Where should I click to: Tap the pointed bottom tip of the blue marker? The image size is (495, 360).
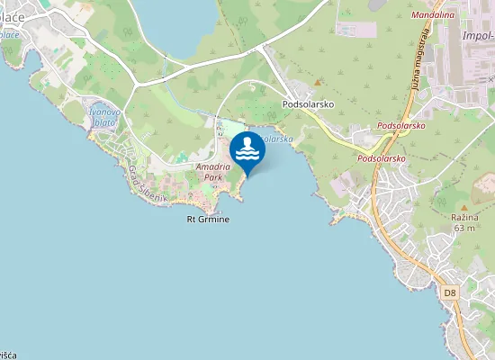[247, 177]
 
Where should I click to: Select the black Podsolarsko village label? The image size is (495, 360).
[309, 103]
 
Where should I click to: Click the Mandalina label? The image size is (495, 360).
[432, 15]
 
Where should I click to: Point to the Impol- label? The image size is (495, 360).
[477, 36]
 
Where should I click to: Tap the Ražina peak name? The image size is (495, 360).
[464, 217]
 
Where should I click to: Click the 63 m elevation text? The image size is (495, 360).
[464, 228]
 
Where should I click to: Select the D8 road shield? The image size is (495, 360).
[450, 292]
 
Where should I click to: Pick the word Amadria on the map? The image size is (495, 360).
[212, 167]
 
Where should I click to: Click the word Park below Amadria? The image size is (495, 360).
[212, 177]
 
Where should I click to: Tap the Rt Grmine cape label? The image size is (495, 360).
[208, 219]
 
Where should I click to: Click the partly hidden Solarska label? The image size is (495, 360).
[277, 139]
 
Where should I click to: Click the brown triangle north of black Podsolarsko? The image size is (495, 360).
[318, 82]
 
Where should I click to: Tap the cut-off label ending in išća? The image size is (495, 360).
[7, 355]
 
